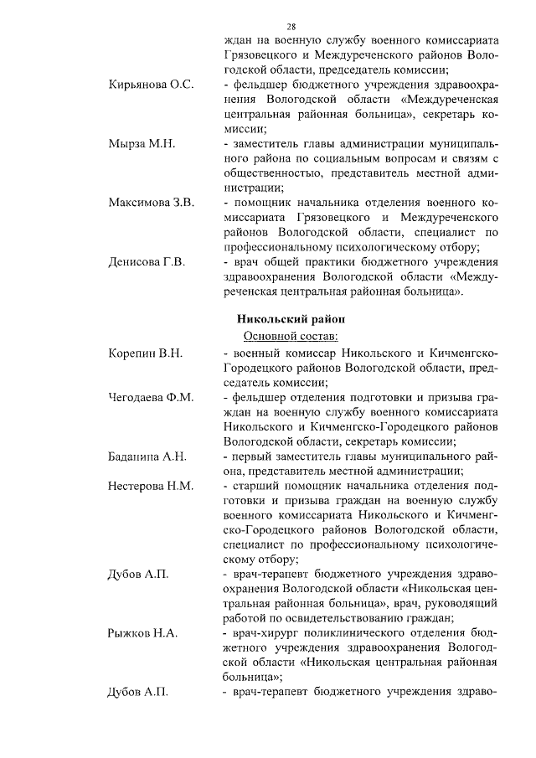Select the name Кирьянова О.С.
(151, 85)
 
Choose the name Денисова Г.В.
(147, 262)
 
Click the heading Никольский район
(291, 319)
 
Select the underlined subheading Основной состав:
(291, 336)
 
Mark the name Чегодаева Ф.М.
(152, 397)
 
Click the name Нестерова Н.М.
(151, 486)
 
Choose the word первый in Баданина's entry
(255, 456)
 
